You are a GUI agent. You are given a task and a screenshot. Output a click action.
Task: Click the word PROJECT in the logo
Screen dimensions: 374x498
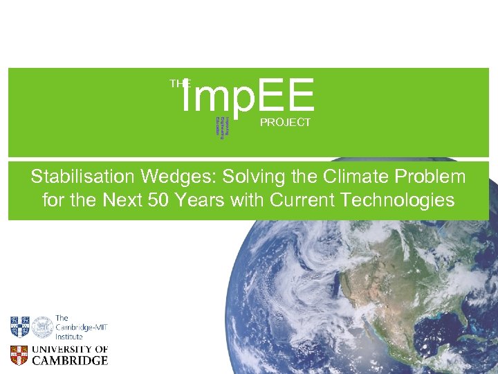coord(285,123)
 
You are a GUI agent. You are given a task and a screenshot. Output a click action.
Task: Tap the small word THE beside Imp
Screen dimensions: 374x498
coord(180,83)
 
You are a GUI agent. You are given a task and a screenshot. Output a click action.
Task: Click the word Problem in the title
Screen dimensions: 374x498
coord(434,177)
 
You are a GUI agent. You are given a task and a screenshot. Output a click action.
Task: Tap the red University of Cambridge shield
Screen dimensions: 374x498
coord(19,355)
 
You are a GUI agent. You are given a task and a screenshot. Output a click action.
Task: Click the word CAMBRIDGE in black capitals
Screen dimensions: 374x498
coord(71,361)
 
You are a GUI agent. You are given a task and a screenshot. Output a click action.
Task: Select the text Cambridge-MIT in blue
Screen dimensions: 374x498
coord(82,327)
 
